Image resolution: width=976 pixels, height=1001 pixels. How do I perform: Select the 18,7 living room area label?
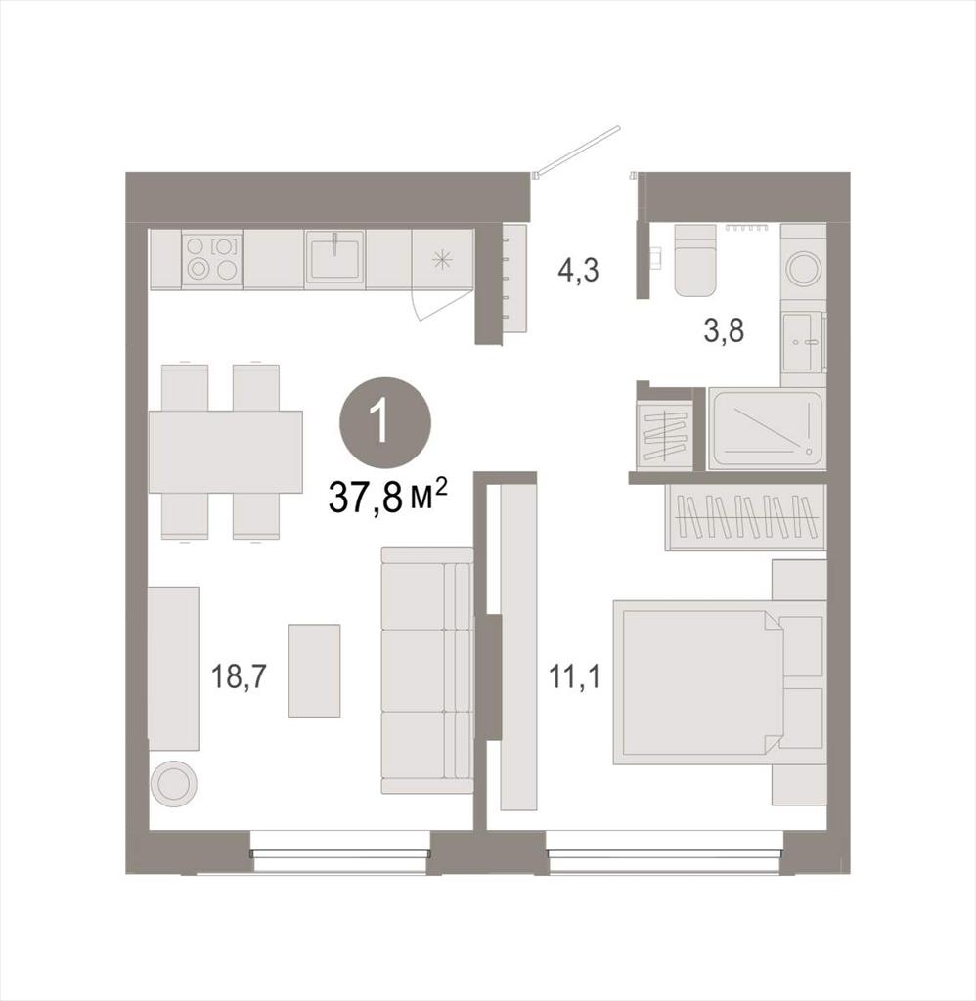239,676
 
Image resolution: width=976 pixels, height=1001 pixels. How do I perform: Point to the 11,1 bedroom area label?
575,676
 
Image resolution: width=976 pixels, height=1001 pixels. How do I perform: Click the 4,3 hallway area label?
578,270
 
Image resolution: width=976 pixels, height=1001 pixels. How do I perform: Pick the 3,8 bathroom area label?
724,331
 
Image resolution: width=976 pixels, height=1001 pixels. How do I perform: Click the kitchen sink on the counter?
334,256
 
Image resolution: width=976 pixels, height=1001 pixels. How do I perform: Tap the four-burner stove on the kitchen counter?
212,258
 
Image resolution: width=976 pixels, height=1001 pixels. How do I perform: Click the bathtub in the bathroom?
767,428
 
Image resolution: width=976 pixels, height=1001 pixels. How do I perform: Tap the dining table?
226,452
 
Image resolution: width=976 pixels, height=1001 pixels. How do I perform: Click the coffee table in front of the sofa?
314,671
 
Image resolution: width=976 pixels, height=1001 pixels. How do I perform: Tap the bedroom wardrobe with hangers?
745,517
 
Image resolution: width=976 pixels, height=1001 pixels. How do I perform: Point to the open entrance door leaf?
579,150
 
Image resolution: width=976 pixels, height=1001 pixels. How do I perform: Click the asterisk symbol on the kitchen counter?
442,259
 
